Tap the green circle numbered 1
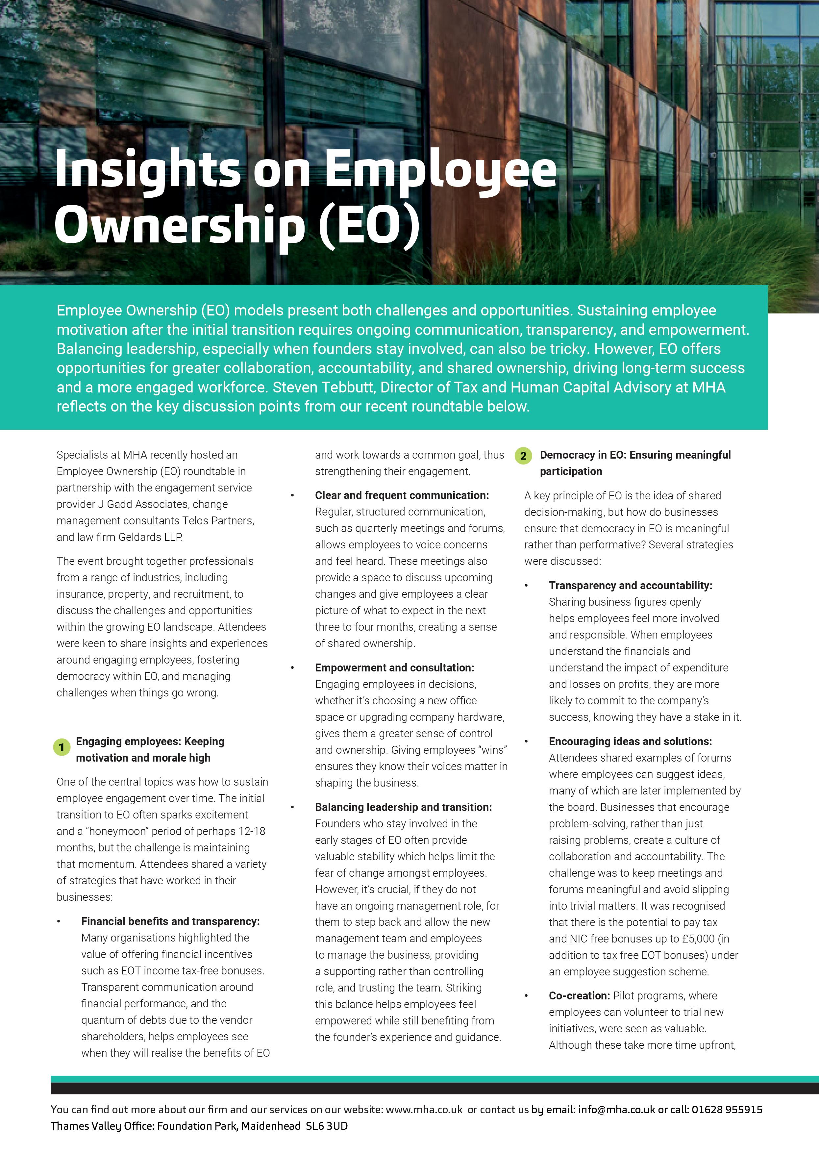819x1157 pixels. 62,747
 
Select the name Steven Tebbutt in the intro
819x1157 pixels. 323,387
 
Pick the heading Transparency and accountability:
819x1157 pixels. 631,586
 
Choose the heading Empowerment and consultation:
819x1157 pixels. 394,668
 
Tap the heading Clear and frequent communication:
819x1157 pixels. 402,495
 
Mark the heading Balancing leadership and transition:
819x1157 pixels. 403,807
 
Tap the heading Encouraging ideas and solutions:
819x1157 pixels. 631,742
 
